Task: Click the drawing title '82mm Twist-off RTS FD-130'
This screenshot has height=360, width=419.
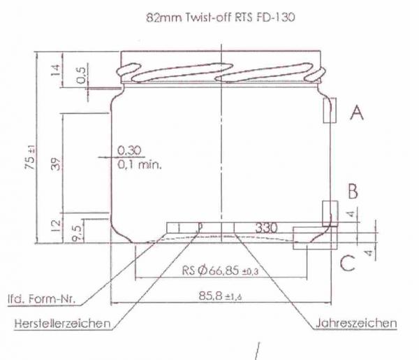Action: (221, 17)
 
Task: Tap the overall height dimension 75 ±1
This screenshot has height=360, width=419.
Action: (30, 157)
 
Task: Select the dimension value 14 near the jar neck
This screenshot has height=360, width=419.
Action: (56, 71)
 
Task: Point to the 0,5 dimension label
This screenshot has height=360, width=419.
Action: (81, 75)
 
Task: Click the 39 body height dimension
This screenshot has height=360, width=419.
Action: (56, 164)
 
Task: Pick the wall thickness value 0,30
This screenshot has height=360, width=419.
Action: (129, 150)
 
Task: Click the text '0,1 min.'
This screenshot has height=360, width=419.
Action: (140, 165)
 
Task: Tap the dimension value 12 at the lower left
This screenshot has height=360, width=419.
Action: (56, 226)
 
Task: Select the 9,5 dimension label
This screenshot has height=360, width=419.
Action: (76, 233)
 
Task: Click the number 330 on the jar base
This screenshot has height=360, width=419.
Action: (267, 228)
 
